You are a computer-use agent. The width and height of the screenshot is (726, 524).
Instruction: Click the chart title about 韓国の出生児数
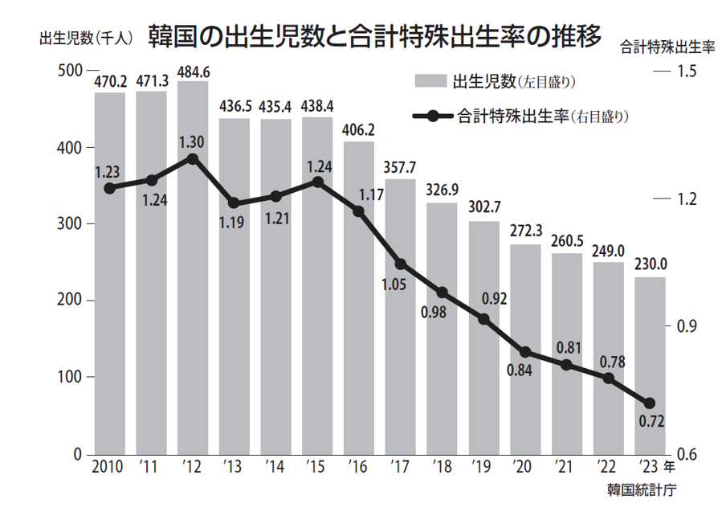coord(374,36)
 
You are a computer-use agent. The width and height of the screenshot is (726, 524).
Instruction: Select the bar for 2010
coord(110,273)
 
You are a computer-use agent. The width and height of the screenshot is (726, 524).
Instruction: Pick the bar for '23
coord(650,366)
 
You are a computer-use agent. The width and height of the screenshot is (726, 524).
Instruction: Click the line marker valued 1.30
coord(193,158)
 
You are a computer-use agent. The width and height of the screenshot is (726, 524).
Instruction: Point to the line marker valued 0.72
coord(650,403)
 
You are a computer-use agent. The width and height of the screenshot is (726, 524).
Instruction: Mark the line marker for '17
coord(401,264)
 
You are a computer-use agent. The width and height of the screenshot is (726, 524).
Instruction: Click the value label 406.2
coord(358,129)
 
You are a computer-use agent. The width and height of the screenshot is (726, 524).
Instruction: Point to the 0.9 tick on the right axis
coord(685,326)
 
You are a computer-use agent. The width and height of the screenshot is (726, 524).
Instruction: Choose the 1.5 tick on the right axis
coord(685,72)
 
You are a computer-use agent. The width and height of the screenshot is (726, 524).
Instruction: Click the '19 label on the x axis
coord(483,468)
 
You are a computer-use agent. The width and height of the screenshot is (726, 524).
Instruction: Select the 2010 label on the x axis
coord(108,468)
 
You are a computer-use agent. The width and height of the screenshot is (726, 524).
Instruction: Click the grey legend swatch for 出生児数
coord(430,81)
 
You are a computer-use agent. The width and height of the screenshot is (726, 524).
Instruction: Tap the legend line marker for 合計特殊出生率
coord(434,117)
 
